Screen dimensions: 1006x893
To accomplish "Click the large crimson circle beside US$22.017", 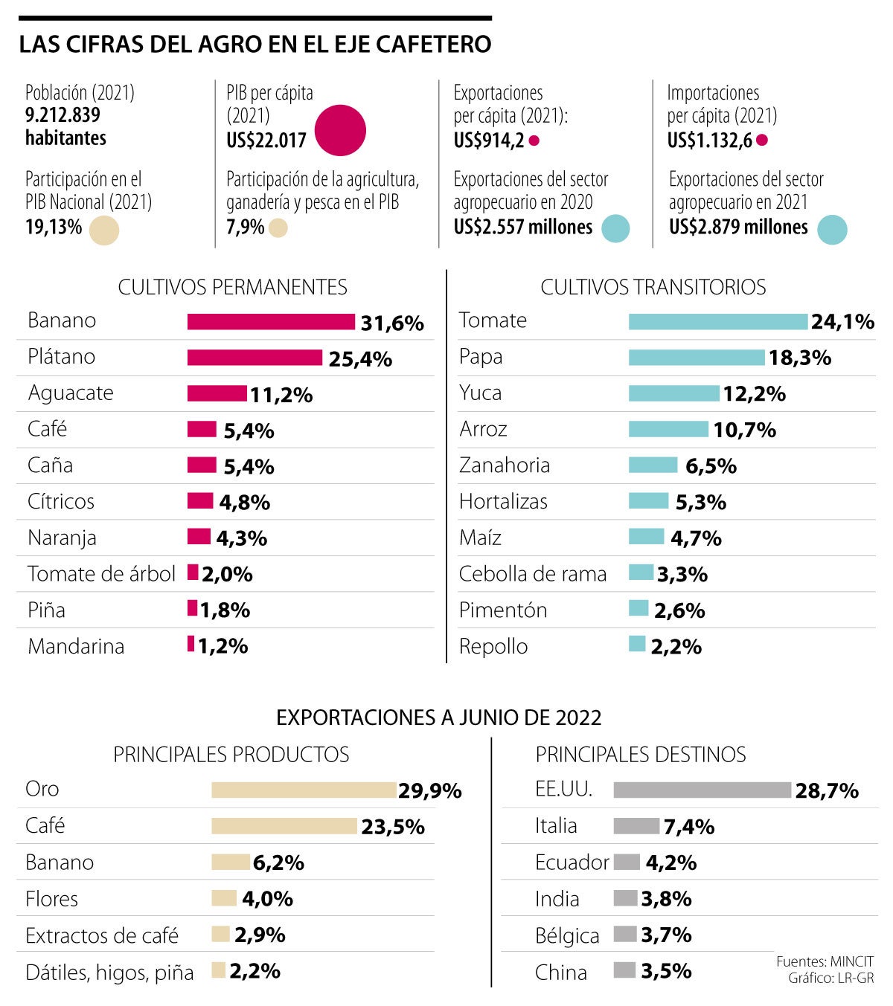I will [340, 130].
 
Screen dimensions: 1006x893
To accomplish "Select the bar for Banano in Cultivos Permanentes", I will [271, 321].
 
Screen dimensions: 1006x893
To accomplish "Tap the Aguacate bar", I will [217, 393].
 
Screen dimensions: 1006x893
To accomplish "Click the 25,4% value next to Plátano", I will [360, 359].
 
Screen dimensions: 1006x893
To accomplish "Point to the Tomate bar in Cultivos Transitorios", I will [717, 321].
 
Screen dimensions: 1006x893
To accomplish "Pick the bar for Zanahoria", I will [653, 465].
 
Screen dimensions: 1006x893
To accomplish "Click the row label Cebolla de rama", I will [533, 574].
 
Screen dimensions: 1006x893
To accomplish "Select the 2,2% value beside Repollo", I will [676, 647].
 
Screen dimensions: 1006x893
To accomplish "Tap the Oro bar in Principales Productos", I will [303, 790].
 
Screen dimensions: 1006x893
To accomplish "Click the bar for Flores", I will [223, 898].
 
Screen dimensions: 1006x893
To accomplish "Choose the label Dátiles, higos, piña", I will [109, 972].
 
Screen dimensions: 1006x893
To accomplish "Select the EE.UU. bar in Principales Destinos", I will [702, 790].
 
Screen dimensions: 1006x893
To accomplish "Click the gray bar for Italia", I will [636, 826].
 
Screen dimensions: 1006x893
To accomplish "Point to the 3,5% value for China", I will [666, 971].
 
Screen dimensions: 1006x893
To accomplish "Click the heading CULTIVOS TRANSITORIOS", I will [653, 287].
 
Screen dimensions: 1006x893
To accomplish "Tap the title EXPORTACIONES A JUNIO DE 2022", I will [438, 718].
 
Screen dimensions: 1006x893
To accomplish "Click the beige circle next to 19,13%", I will [103, 230].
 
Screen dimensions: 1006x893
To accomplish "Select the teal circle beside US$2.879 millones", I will [831, 229].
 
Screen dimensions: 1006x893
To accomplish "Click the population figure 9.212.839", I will [63, 115].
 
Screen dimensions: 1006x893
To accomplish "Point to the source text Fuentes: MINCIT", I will [825, 962].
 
